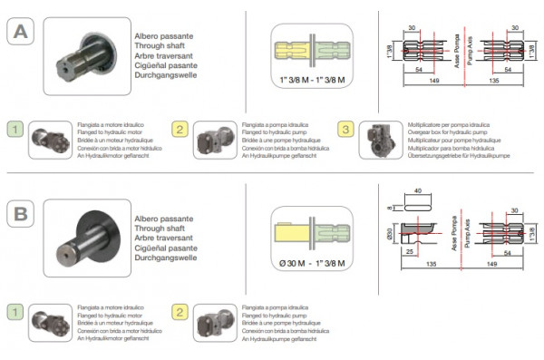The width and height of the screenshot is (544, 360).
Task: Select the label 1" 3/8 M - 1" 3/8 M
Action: (x=315, y=81)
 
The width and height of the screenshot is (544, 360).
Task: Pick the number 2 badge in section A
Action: (x=180, y=130)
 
